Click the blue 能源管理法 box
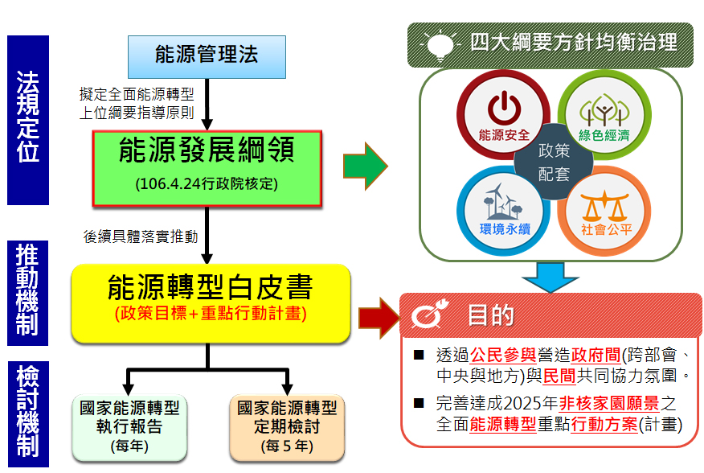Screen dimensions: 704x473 click(x=207, y=57)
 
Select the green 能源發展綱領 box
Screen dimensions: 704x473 click(x=207, y=169)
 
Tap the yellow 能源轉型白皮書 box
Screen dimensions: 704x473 click(x=211, y=303)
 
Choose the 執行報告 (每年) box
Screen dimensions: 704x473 click(x=129, y=428)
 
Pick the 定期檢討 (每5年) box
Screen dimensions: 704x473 click(x=287, y=428)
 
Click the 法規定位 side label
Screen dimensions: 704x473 click(x=28, y=120)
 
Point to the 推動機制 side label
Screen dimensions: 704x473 click(x=28, y=293)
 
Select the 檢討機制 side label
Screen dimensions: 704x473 click(x=28, y=414)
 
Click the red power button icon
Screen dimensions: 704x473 click(x=504, y=108)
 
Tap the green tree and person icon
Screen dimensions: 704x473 click(x=604, y=110)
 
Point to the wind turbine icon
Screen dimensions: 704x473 click(x=503, y=201)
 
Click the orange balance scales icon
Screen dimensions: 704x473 click(x=604, y=206)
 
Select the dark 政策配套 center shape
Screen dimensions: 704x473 click(x=554, y=162)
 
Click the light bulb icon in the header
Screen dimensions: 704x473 click(x=440, y=45)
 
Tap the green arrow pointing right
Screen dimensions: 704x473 click(x=365, y=166)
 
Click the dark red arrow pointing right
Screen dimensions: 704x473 click(x=379, y=318)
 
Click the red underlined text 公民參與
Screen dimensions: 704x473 click(x=503, y=356)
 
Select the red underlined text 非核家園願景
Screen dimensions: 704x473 click(x=609, y=403)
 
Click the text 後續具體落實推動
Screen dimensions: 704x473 click(x=141, y=236)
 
